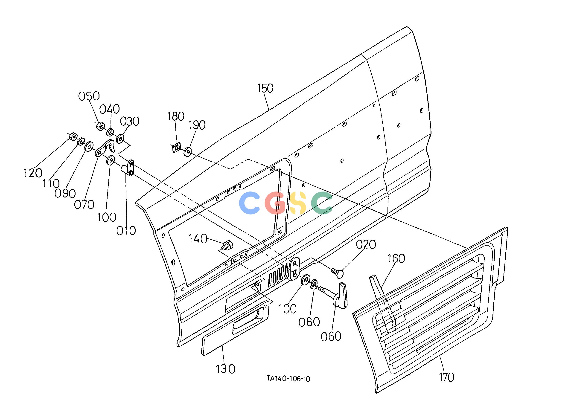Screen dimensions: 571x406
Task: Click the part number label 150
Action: pos(265,89)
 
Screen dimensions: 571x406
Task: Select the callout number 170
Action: pos(447,377)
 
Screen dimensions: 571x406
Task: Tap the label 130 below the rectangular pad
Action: pos(226,369)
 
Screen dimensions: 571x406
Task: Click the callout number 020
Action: pos(366,244)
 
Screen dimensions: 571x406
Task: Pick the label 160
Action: pos(396,258)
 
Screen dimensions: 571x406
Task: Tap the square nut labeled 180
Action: pos(176,147)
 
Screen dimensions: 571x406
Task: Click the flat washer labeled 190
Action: pos(188,152)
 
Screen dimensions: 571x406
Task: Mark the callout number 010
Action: pos(126,230)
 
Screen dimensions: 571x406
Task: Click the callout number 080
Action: pos(309,322)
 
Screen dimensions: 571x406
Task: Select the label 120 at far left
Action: pos(33,173)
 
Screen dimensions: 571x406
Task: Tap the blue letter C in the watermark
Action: pos(249,203)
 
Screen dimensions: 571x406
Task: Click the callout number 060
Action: pos(331,336)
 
